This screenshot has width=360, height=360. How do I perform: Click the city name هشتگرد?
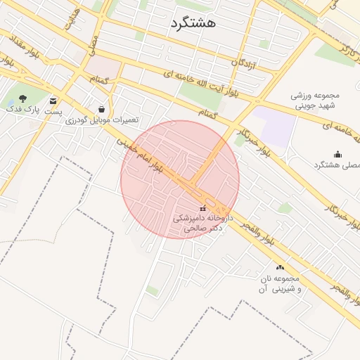coord(193,22)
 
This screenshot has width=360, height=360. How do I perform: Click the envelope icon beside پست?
coord(53,101)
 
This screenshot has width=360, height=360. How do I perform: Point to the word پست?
coord(53,111)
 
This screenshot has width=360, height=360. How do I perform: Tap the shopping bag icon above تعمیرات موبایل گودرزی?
coord(102,109)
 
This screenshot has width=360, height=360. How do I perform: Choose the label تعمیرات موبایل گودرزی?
coord(102,120)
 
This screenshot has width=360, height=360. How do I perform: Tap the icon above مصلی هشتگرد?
coord(337,154)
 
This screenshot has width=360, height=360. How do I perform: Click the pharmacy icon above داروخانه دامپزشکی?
coord(203,208)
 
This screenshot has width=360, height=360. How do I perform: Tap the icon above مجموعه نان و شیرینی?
coord(281,267)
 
